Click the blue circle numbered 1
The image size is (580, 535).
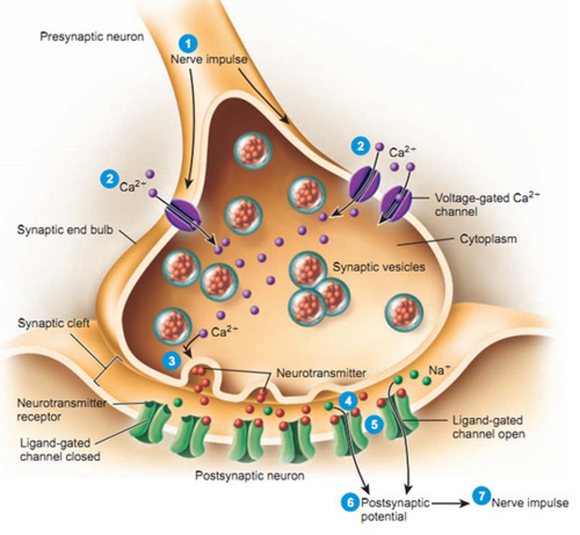coord(188,45)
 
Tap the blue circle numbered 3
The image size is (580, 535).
coord(172,360)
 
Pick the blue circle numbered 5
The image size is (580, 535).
coord(374,424)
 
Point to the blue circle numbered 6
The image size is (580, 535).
coord(350,503)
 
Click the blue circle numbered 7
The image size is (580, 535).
coord(481,496)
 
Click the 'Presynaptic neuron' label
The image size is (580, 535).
coord(92,36)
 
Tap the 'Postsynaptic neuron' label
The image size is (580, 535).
coord(250,476)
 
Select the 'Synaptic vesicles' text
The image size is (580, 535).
coord(379,267)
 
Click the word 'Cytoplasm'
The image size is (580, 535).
coord(488,239)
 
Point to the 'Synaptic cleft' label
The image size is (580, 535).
coord(53,323)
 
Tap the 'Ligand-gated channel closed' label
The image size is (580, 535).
coord(60,450)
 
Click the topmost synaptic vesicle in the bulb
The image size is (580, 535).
coord(253,149)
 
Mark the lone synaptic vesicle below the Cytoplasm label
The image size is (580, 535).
coord(404,312)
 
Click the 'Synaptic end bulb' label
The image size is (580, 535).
coord(65,230)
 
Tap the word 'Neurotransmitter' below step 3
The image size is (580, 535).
coord(321,373)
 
